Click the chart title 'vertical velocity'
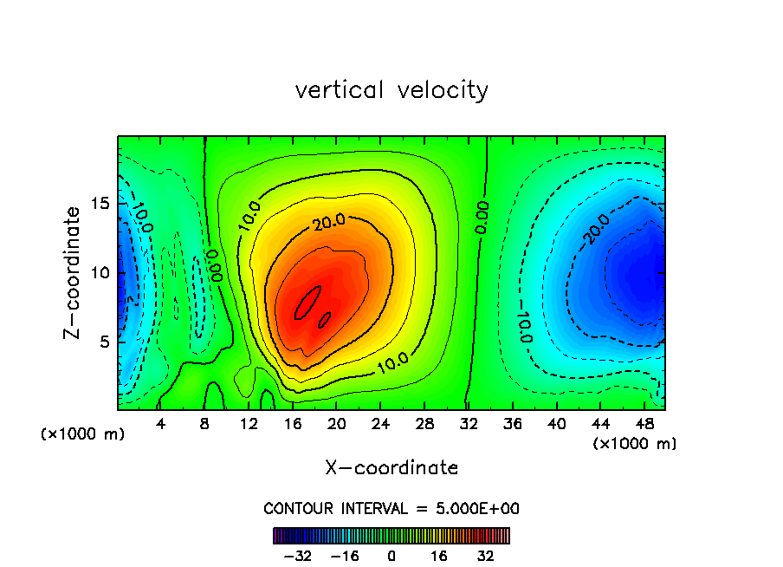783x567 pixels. click(x=391, y=90)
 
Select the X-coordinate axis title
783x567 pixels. click(x=391, y=467)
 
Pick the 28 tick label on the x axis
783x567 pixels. click(x=424, y=424)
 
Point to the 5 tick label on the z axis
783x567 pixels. click(x=103, y=342)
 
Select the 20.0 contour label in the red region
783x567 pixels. click(x=329, y=222)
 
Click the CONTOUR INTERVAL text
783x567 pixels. click(x=391, y=508)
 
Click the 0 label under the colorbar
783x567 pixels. click(x=391, y=556)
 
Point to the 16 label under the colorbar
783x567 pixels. click(x=439, y=556)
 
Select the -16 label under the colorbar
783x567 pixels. click(x=345, y=556)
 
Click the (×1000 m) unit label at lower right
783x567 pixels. click(x=634, y=444)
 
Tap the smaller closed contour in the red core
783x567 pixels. click(x=325, y=319)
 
